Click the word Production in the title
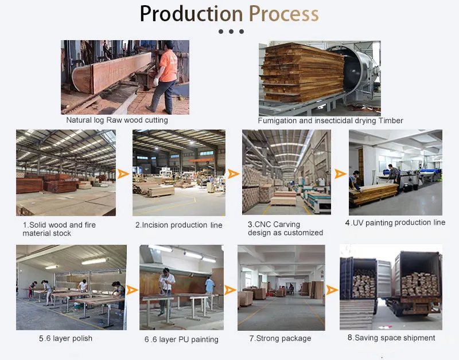[192, 14]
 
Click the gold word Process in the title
[283, 14]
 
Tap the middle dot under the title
[231, 32]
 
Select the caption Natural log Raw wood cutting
[117, 120]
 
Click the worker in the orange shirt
[164, 77]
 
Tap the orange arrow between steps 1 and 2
[123, 174]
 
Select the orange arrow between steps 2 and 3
[234, 174]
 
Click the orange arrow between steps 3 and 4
[340, 174]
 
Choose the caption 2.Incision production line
[179, 225]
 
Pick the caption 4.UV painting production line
[395, 222]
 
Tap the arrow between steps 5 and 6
[132, 290]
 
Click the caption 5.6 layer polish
[65, 338]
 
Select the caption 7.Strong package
[280, 338]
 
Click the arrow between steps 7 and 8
[332, 290]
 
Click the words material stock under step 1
[47, 233]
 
